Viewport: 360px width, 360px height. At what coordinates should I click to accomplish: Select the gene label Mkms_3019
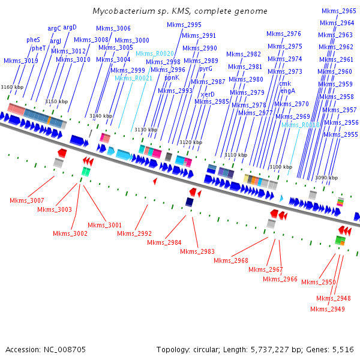[x=21, y=61]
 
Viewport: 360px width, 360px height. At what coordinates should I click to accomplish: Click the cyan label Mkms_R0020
[x=155, y=54]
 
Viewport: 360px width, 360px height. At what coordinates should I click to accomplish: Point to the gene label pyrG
[x=206, y=68]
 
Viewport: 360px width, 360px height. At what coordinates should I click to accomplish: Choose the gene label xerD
[x=208, y=95]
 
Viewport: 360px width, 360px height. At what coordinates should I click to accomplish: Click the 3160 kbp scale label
[x=12, y=88]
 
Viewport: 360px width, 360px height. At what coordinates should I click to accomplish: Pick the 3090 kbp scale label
[x=326, y=178]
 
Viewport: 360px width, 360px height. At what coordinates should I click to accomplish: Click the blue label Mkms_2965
[x=338, y=11]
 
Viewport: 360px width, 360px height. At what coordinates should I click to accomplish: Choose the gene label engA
[x=288, y=91]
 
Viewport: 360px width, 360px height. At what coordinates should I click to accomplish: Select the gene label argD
[x=70, y=27]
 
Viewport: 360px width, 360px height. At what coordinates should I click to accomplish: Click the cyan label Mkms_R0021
[x=133, y=79]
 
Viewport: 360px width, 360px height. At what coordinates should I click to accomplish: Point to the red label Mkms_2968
[x=231, y=260]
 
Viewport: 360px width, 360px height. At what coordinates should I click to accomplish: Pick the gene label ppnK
[x=172, y=77]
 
